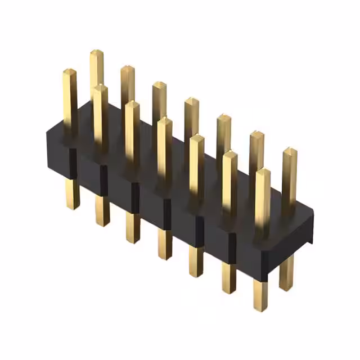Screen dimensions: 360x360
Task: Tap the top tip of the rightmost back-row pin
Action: pyautogui.click(x=290, y=150)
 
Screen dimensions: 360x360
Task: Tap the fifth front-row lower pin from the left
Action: pyautogui.click(x=196, y=260)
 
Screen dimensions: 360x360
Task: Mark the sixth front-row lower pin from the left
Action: pyautogui.click(x=228, y=277)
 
